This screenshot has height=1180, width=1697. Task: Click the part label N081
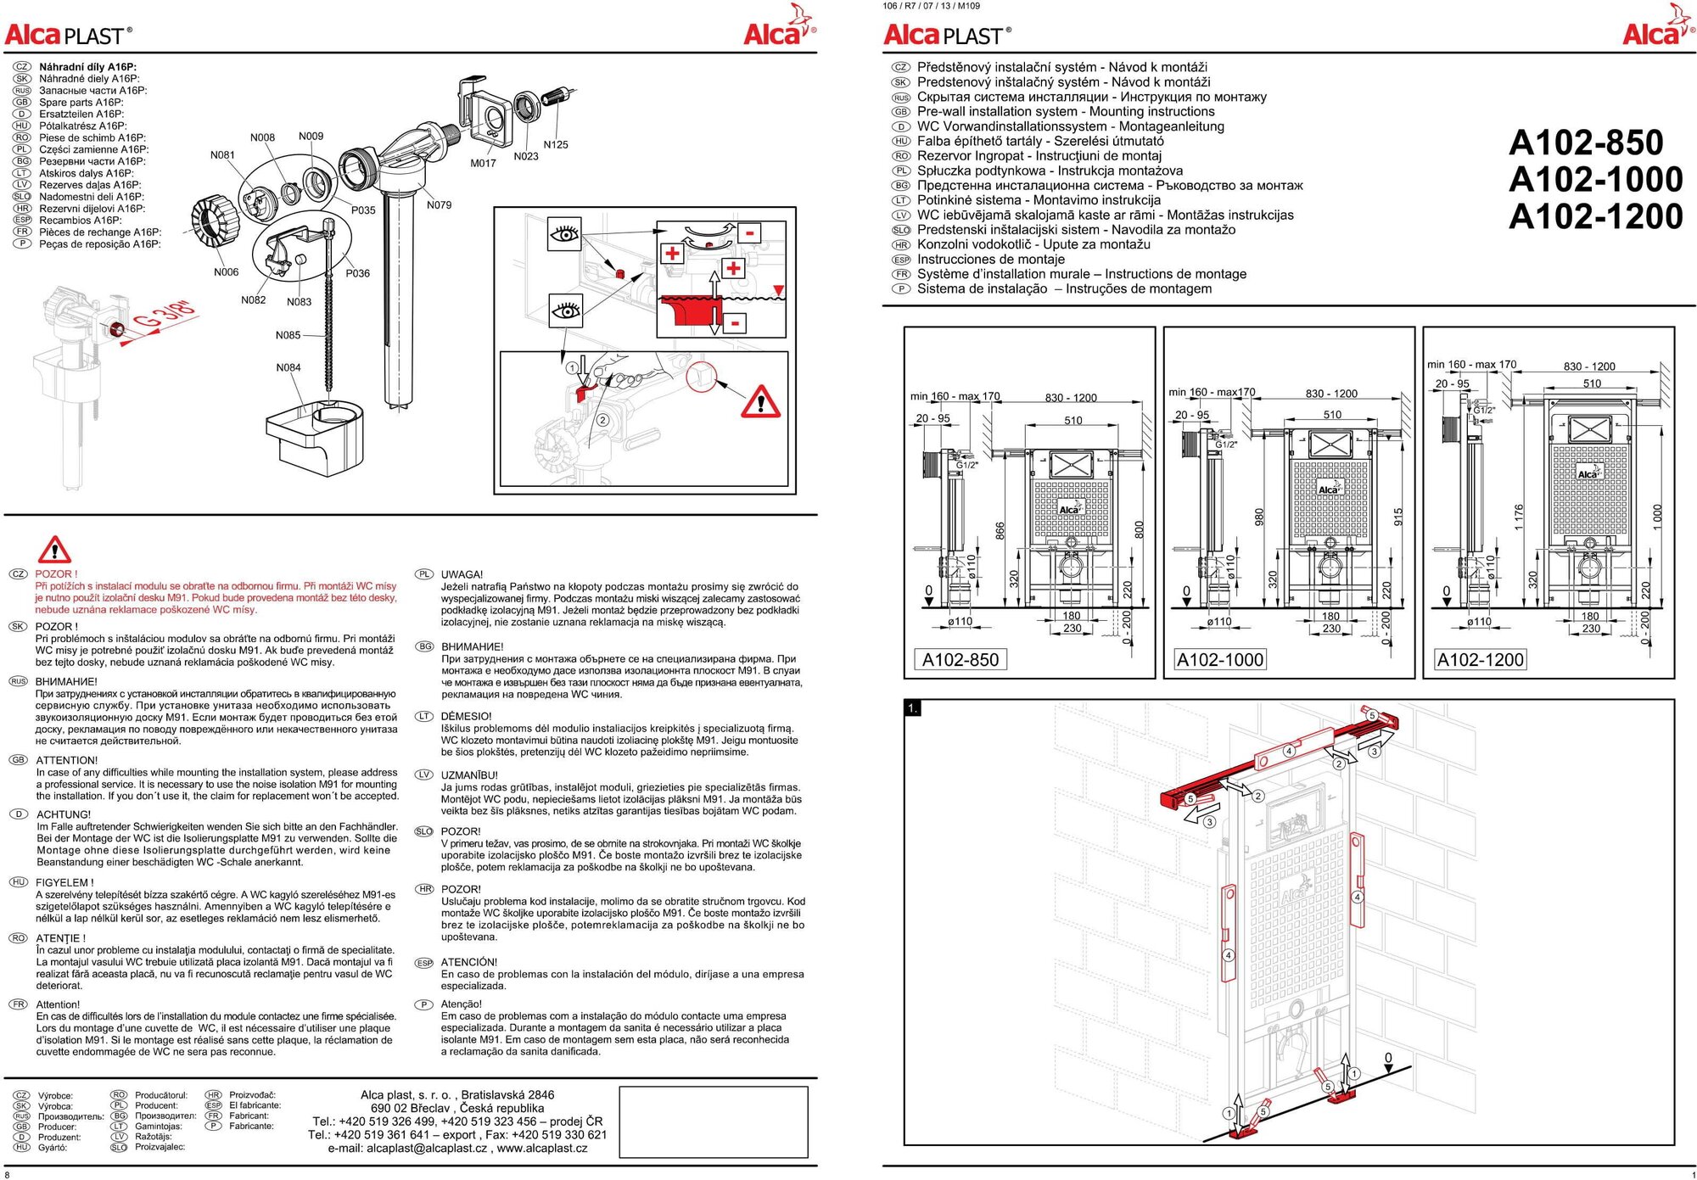point(222,155)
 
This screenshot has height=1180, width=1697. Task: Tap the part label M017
point(483,164)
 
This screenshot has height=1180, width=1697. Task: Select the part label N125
point(556,145)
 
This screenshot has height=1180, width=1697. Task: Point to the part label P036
point(357,273)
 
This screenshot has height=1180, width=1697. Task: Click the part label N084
point(288,367)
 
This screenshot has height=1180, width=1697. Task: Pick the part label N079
point(439,205)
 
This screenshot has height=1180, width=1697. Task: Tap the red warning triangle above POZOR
point(54,550)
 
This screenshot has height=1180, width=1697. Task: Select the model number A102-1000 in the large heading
point(1595,179)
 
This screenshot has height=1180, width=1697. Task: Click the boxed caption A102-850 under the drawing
point(961,659)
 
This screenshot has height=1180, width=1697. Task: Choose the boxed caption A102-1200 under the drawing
point(1480,659)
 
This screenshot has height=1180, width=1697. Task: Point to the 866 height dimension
point(1000,530)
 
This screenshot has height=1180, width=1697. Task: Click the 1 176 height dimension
point(1519,517)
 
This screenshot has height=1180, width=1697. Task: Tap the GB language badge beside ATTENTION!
point(18,760)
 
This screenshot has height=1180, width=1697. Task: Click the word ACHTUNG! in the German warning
point(64,814)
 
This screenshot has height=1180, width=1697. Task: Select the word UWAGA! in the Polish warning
point(462,574)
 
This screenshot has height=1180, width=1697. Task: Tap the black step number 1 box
point(912,707)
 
